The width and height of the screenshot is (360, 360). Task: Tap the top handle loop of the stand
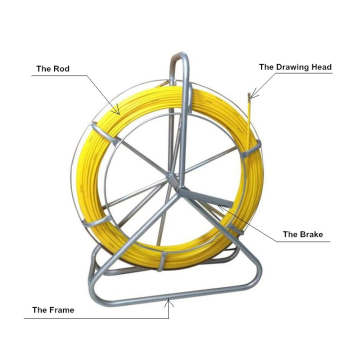179,62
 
